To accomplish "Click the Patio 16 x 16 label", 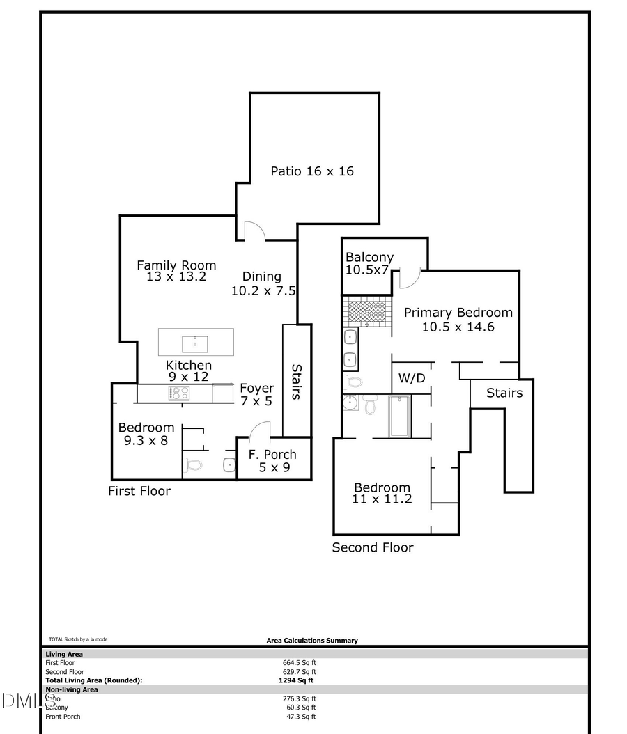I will click(x=311, y=171).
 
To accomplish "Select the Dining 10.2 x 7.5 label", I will click(x=263, y=283).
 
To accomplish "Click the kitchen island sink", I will click(x=195, y=343).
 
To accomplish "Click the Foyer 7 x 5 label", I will click(x=256, y=394).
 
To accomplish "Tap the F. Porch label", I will click(x=272, y=460).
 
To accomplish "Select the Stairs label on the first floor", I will click(x=295, y=382).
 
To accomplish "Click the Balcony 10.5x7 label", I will click(x=369, y=263).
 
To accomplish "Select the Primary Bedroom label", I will click(x=458, y=319).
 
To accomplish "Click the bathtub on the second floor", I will click(x=400, y=416).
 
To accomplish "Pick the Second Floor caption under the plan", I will click(x=372, y=547).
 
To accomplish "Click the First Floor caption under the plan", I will click(x=139, y=491).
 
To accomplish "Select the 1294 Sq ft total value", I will click(x=295, y=680).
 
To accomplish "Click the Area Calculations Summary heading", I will click(x=312, y=641).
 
